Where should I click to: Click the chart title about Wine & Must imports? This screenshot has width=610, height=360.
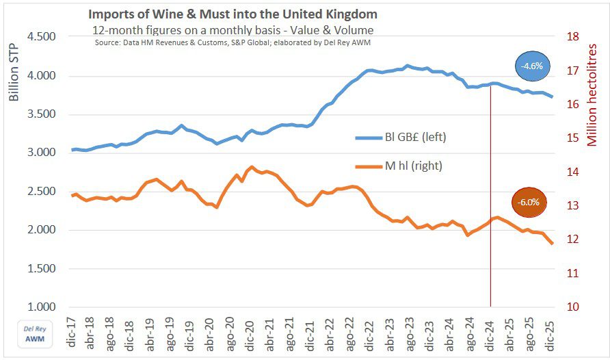[233, 14]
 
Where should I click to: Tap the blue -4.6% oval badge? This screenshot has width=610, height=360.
[533, 66]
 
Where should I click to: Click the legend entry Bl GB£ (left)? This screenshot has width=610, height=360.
[399, 138]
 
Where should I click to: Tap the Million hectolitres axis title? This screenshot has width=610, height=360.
[592, 96]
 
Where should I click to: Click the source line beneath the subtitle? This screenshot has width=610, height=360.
[233, 42]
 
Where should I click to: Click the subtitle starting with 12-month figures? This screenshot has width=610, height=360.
[233, 30]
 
